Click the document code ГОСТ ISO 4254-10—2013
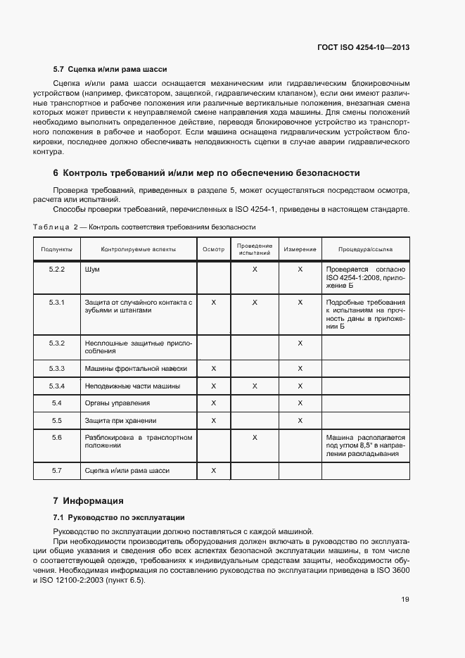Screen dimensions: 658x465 [x=363, y=48]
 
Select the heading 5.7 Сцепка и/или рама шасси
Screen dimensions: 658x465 [x=110, y=70]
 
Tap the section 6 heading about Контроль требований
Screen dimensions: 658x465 [x=207, y=172]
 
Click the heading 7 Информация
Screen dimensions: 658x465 [x=89, y=501]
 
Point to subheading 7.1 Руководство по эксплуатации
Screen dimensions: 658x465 [x=119, y=517]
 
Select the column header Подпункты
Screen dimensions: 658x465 [x=57, y=249]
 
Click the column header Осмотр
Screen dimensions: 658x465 [x=213, y=249]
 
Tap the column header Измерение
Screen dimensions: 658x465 [x=300, y=249]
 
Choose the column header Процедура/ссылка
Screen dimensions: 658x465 [x=365, y=249]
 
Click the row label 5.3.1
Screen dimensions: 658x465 [x=57, y=302]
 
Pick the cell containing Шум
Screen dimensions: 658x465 [x=91, y=270]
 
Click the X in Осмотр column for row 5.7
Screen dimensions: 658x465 [x=213, y=470]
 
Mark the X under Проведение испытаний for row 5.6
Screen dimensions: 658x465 [x=255, y=438]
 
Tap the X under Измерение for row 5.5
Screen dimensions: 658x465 [x=300, y=420]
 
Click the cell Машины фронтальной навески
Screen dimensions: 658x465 [x=136, y=369]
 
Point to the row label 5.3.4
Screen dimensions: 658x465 [x=57, y=386]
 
